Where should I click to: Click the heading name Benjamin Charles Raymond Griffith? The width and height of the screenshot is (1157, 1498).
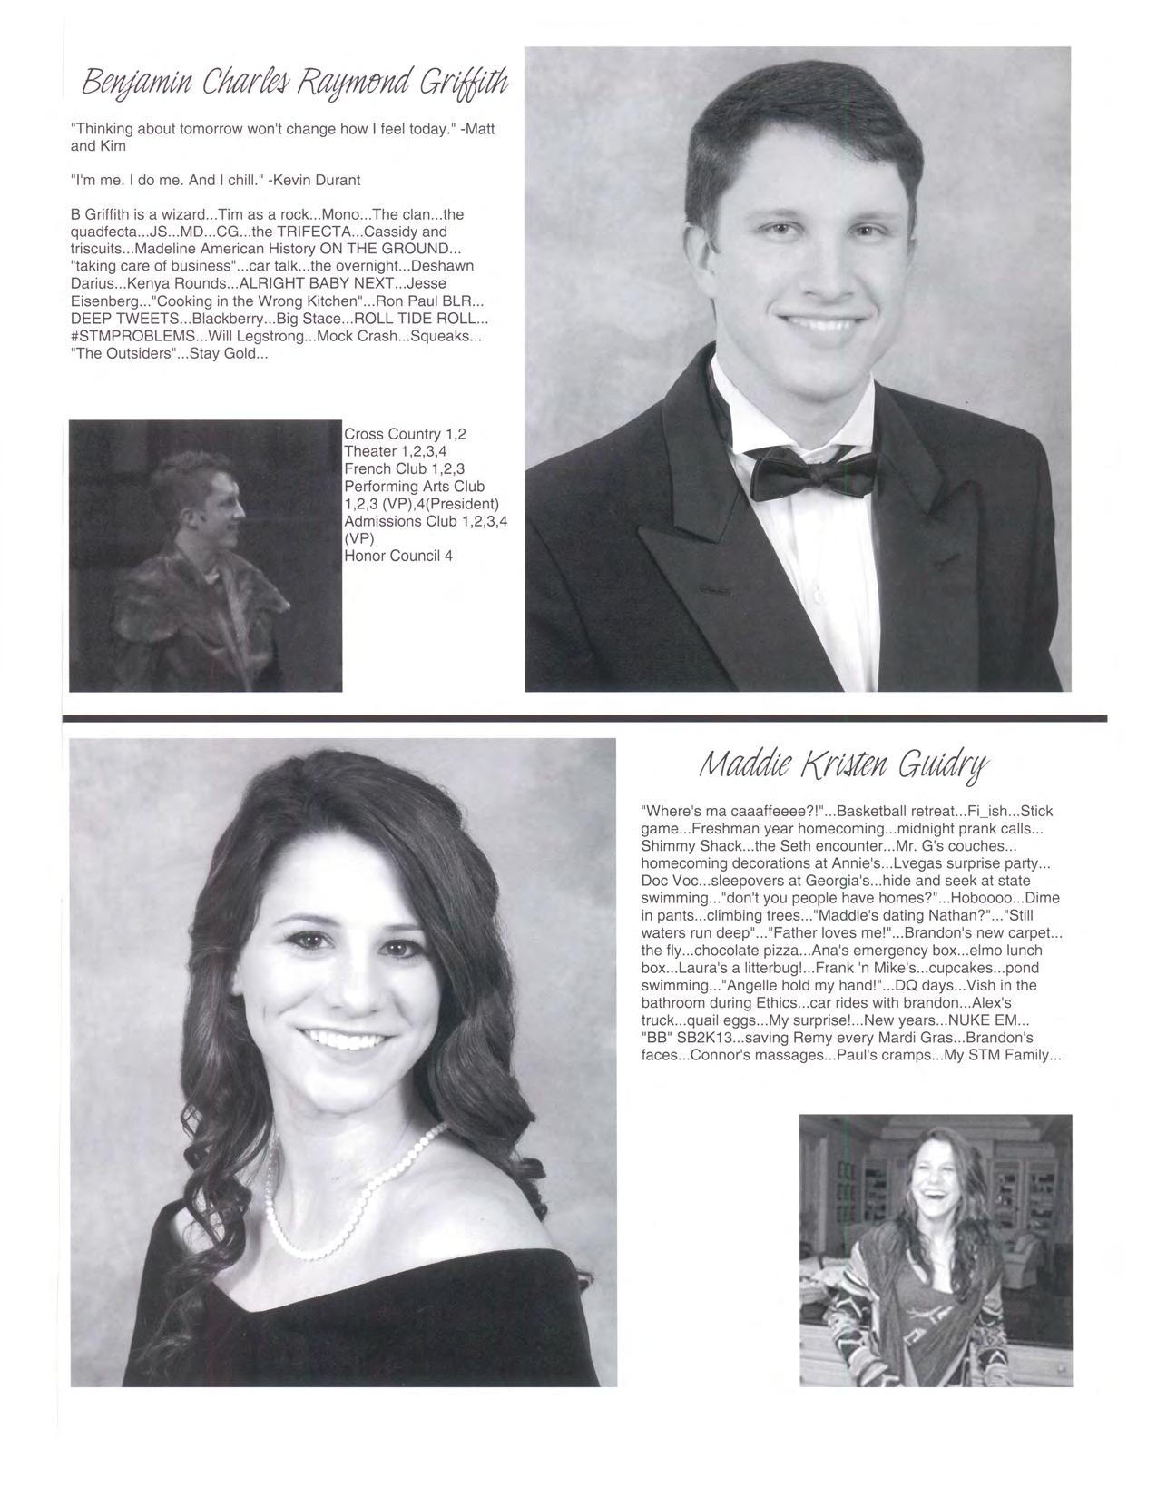pos(296,86)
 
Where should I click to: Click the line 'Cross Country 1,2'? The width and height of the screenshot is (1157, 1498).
pos(405,434)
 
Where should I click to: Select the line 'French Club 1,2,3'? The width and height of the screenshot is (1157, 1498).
pos(405,468)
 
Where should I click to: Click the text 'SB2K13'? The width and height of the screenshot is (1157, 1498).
pos(699,1038)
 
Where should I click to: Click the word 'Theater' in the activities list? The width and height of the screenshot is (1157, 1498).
pos(369,451)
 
